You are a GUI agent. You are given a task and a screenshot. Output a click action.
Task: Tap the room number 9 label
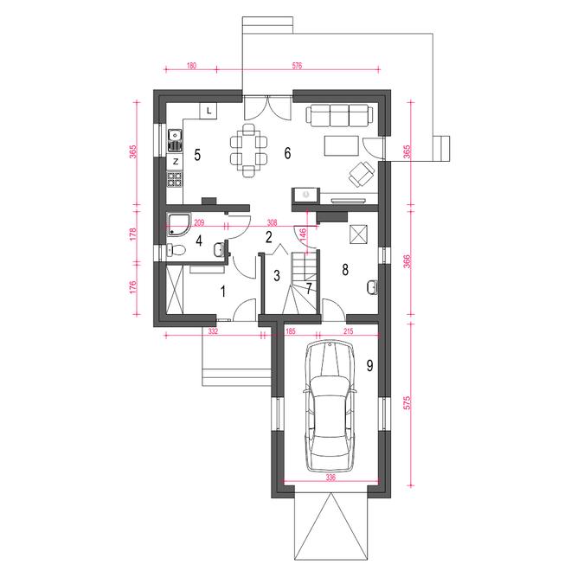[369, 365]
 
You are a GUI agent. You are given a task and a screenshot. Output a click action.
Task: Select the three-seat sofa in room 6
[340, 115]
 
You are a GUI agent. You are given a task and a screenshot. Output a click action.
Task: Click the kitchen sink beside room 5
[175, 140]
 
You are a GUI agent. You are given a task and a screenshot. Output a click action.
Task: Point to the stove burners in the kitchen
[175, 179]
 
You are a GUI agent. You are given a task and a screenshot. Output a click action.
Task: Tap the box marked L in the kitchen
[209, 111]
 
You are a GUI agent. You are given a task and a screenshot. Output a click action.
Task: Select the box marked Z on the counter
[175, 162]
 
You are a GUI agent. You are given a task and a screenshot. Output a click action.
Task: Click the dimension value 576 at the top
[297, 66]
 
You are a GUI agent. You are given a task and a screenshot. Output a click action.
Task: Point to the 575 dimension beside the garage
[407, 403]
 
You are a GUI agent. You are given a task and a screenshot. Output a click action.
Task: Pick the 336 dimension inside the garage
[330, 478]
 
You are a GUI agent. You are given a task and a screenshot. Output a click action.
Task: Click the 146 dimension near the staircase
[303, 234]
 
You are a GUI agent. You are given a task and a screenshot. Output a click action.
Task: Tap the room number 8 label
[345, 270]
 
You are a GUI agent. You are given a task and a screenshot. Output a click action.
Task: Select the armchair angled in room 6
[362, 174]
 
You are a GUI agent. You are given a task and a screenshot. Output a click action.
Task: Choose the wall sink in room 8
[372, 287]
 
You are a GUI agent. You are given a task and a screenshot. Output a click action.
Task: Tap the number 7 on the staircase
[309, 289]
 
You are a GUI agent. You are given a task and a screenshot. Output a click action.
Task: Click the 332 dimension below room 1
[213, 331]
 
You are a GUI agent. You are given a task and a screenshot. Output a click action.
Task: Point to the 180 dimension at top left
[191, 66]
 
